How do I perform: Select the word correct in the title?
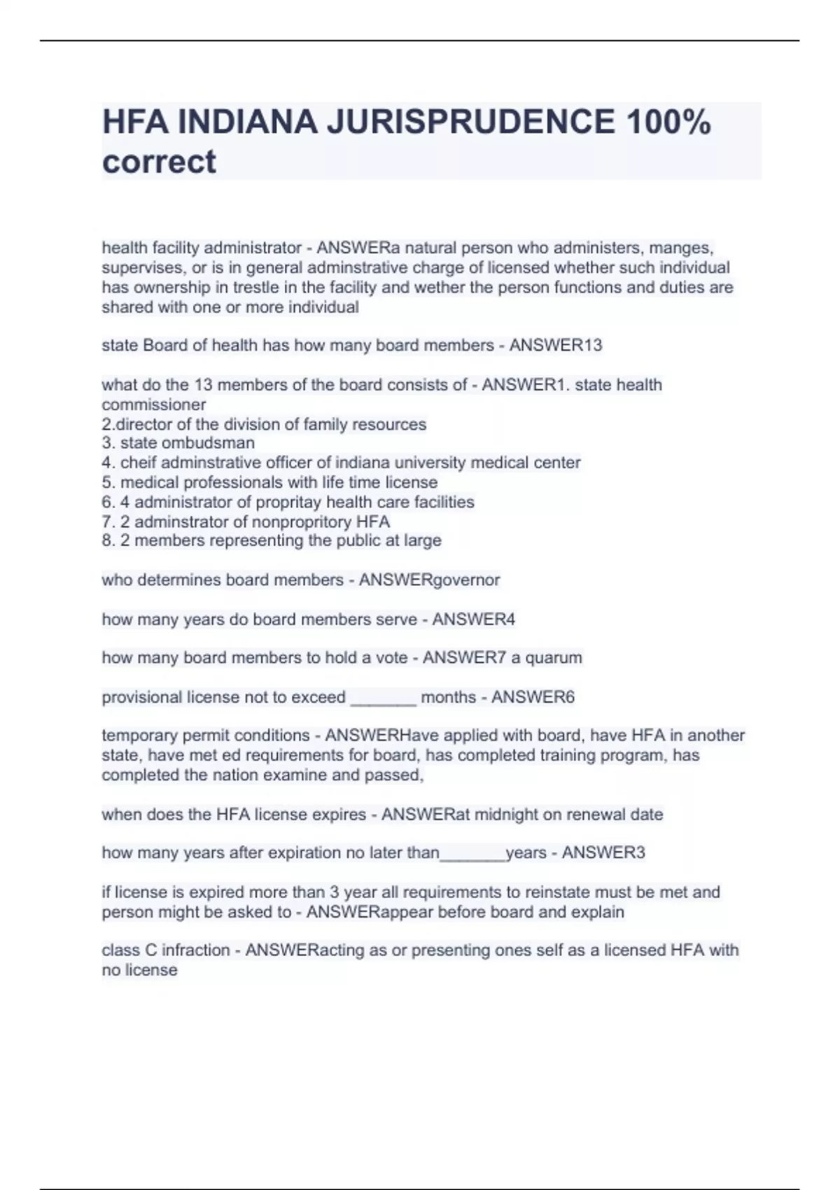point(159,162)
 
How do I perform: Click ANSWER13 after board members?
point(555,345)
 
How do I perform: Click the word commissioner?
point(154,405)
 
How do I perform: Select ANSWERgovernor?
point(429,580)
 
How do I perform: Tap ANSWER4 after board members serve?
point(473,619)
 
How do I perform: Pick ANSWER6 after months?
point(533,697)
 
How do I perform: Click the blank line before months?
point(383,699)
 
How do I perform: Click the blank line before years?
point(472,855)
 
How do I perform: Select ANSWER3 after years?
point(603,853)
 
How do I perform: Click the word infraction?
point(196,950)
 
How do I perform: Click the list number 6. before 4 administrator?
point(108,502)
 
